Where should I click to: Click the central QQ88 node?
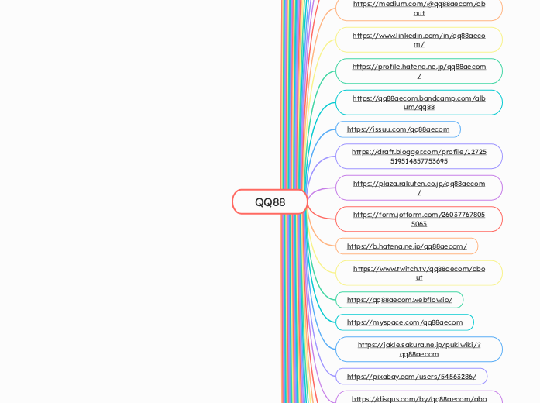pyautogui.click(x=270, y=201)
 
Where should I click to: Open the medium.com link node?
pyautogui.click(x=418, y=8)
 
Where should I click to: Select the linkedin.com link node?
pyautogui.click(x=418, y=40)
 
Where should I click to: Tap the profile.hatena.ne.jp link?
pyautogui.click(x=418, y=71)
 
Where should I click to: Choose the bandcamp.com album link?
pyautogui.click(x=418, y=102)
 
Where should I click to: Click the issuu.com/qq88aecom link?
pyautogui.click(x=397, y=129)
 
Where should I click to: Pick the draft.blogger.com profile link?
pyautogui.click(x=418, y=156)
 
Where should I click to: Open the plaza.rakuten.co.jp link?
pyautogui.click(x=418, y=188)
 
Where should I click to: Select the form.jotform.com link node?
pyautogui.click(x=418, y=219)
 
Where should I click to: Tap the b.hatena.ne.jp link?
pyautogui.click(x=406, y=246)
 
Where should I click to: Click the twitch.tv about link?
pyautogui.click(x=418, y=273)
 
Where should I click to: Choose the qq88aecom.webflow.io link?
pyautogui.click(x=399, y=300)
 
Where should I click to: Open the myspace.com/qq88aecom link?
pyautogui.click(x=404, y=322)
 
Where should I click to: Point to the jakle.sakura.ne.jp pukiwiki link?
pyautogui.click(x=418, y=349)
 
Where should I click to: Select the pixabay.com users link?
pyautogui.click(x=411, y=376)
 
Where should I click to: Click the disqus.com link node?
pyautogui.click(x=418, y=398)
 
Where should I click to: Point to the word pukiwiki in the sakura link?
pyautogui.click(x=455, y=345)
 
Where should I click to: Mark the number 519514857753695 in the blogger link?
pyautogui.click(x=418, y=161)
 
